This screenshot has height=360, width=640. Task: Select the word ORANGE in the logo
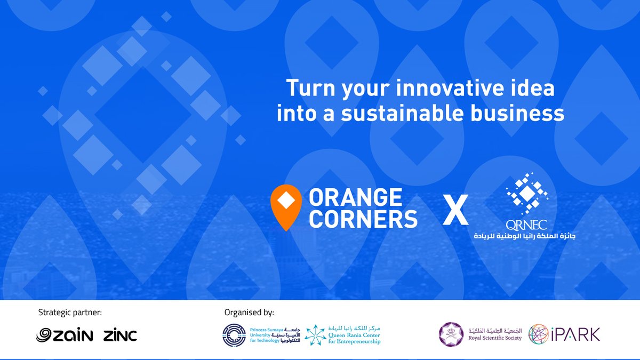click(356, 198)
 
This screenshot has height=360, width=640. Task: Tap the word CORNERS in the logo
click(363, 219)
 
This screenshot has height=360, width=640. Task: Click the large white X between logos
click(456, 210)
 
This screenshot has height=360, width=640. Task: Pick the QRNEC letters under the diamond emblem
click(527, 225)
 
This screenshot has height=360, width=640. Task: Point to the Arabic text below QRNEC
click(522, 236)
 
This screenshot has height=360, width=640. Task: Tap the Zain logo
click(65, 335)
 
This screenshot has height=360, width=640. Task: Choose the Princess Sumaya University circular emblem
click(234, 334)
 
